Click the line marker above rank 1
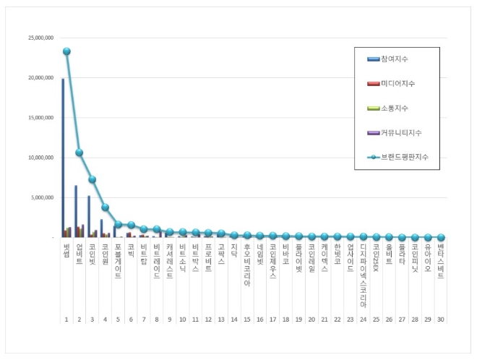tap(66, 51)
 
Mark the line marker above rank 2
tap(79, 153)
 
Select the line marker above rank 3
tap(93, 179)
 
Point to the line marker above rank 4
tap(106, 207)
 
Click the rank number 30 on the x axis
tap(441, 319)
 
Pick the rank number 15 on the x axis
tap(246, 319)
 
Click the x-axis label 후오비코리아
tap(246, 265)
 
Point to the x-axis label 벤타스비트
tap(441, 262)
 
